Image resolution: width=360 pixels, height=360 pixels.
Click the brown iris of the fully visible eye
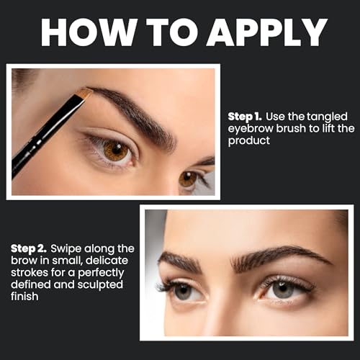[x=115, y=150]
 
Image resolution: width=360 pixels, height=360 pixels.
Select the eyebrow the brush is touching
[x=137, y=112]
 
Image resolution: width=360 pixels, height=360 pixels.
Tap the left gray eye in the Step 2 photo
[x=183, y=290]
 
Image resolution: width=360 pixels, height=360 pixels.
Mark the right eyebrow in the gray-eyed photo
[x=281, y=256]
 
